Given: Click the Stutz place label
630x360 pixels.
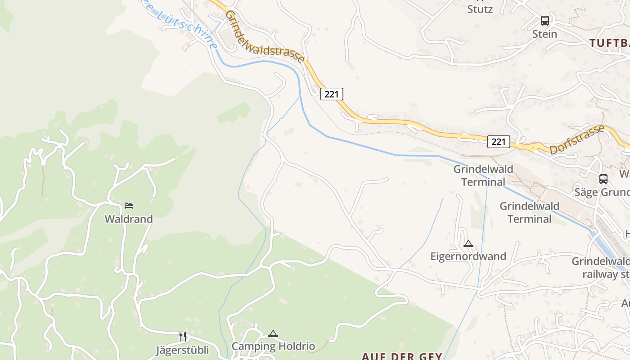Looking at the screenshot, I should point(480,9).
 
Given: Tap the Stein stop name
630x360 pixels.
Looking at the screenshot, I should point(544,34).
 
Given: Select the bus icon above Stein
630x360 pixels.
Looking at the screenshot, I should point(545,21).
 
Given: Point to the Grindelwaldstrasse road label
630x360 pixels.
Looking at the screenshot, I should point(265,36).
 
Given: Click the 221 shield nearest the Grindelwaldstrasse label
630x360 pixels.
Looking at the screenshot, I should point(332,94).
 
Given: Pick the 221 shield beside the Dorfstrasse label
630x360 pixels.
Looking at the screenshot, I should point(499,142).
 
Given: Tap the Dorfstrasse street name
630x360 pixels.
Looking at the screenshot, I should point(577,140).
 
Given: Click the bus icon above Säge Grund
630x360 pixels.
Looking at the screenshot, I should point(603,179).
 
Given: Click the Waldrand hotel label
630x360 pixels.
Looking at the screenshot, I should point(129,219).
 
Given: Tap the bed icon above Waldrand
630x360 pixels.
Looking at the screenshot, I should point(129,206).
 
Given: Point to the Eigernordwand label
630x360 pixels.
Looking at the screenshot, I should point(468,256).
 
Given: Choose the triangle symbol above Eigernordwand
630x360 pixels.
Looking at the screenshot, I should point(468,244).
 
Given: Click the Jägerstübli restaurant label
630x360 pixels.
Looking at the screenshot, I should point(182,350).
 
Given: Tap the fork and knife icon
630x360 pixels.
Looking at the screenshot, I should point(183,337).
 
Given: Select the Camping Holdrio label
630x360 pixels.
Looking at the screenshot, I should point(273,346).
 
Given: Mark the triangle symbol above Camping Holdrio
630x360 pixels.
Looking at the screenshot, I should point(273,334).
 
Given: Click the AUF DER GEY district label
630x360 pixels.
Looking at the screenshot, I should point(402,356).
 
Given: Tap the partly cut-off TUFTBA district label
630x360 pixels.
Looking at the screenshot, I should point(609,43).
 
